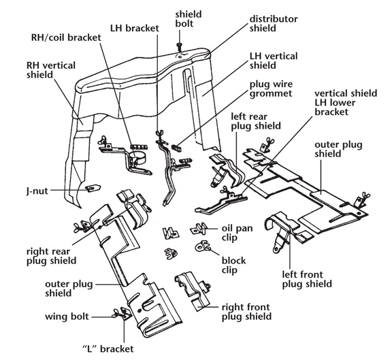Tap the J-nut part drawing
[93, 188]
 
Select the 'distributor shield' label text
[274, 24]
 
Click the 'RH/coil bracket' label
[66, 37]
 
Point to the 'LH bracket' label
[135, 28]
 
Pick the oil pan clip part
[199, 228]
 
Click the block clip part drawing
[203, 246]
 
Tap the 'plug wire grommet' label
[271, 89]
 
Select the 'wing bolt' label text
[67, 316]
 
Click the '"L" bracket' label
[108, 348]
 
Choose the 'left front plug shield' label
[307, 279]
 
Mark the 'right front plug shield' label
[246, 312]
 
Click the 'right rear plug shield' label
[52, 257]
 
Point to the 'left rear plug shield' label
[256, 121]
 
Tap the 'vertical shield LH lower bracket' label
[346, 103]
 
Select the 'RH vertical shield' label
[51, 70]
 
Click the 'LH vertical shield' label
[274, 61]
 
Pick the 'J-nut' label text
[37, 191]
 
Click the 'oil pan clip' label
[237, 233]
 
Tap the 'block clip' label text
[233, 265]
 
